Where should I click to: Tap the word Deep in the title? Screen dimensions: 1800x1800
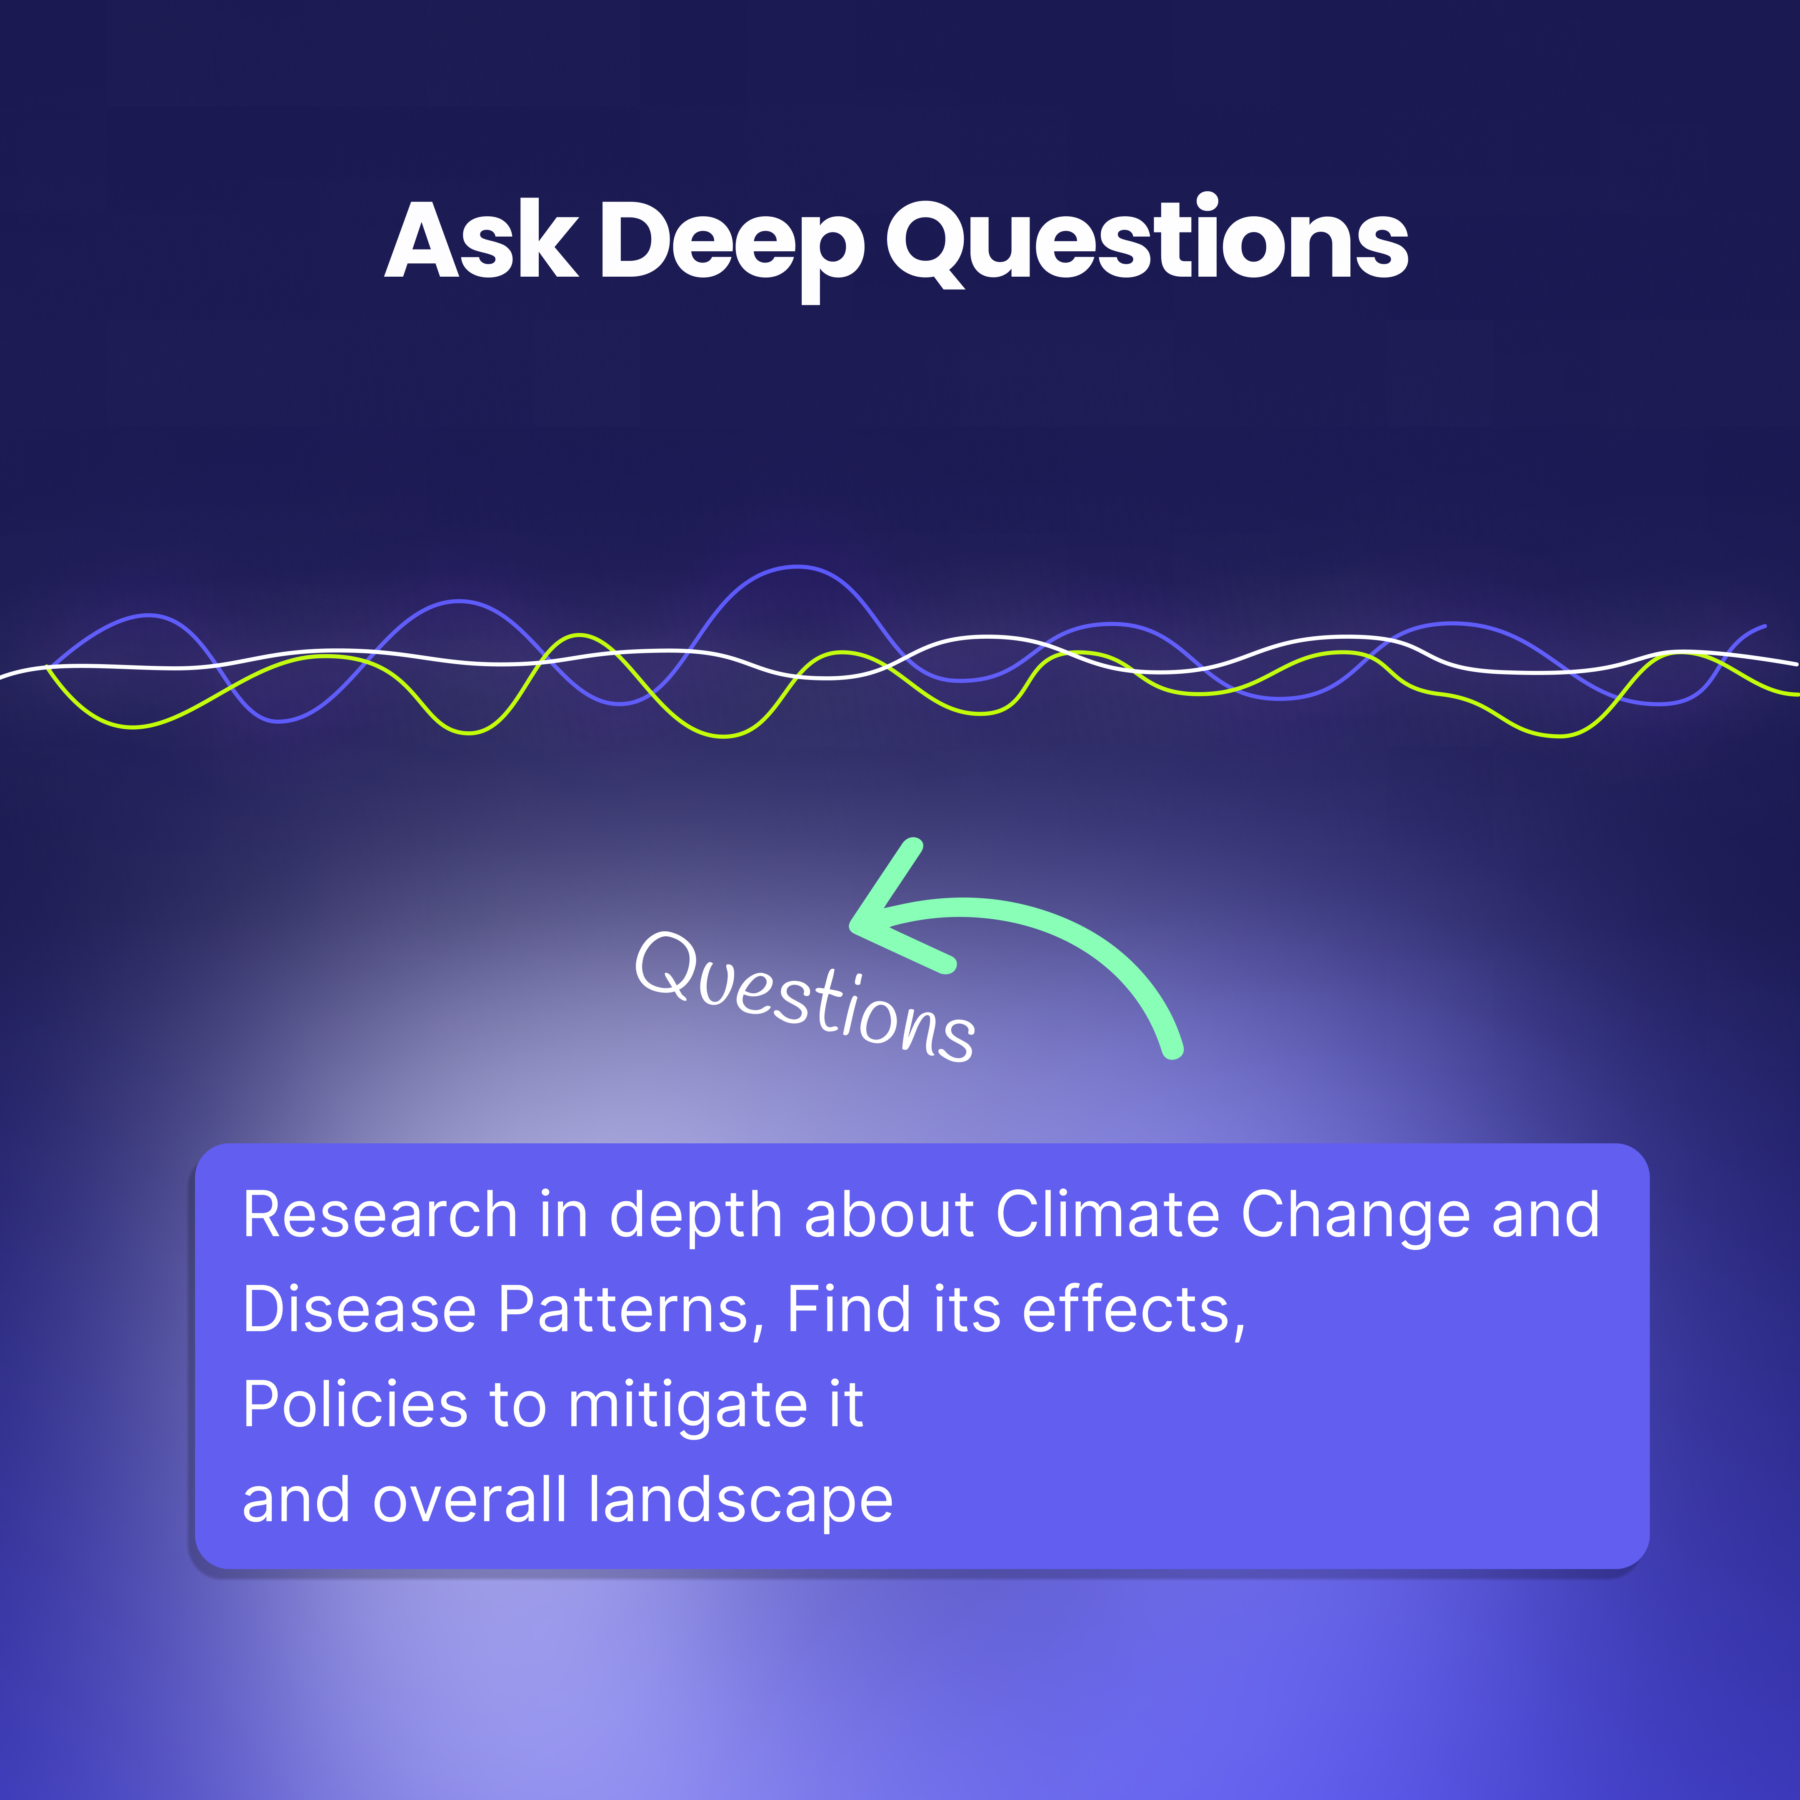coord(731,244)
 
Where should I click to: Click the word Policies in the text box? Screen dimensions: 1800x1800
coord(354,1405)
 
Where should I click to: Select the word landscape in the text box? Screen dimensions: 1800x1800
coord(741,1502)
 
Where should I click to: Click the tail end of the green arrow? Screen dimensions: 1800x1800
coord(1174,1051)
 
